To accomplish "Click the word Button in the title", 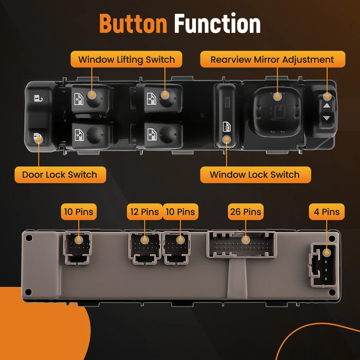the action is (x=133, y=23).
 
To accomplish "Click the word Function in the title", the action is (x=217, y=23).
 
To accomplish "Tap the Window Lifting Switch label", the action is (x=126, y=59).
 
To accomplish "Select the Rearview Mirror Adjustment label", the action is (x=273, y=59).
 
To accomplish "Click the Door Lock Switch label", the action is (x=60, y=175).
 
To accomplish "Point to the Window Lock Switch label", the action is (x=256, y=175).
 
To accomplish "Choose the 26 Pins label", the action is (x=246, y=212).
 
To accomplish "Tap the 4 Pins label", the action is (x=327, y=212).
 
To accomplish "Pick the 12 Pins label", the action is (x=145, y=212).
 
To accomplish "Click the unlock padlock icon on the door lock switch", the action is (x=39, y=99).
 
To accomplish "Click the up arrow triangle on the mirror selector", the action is (x=327, y=106).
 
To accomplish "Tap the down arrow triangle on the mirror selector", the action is (x=327, y=118).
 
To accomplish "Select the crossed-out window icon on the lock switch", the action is (x=226, y=127).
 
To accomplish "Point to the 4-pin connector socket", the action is (x=324, y=265).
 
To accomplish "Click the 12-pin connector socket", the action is (x=145, y=248).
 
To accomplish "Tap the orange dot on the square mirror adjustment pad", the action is (x=277, y=96).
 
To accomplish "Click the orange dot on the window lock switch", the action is (x=226, y=139).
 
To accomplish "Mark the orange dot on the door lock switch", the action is (x=39, y=139).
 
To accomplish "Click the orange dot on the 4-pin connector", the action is (x=327, y=253).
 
